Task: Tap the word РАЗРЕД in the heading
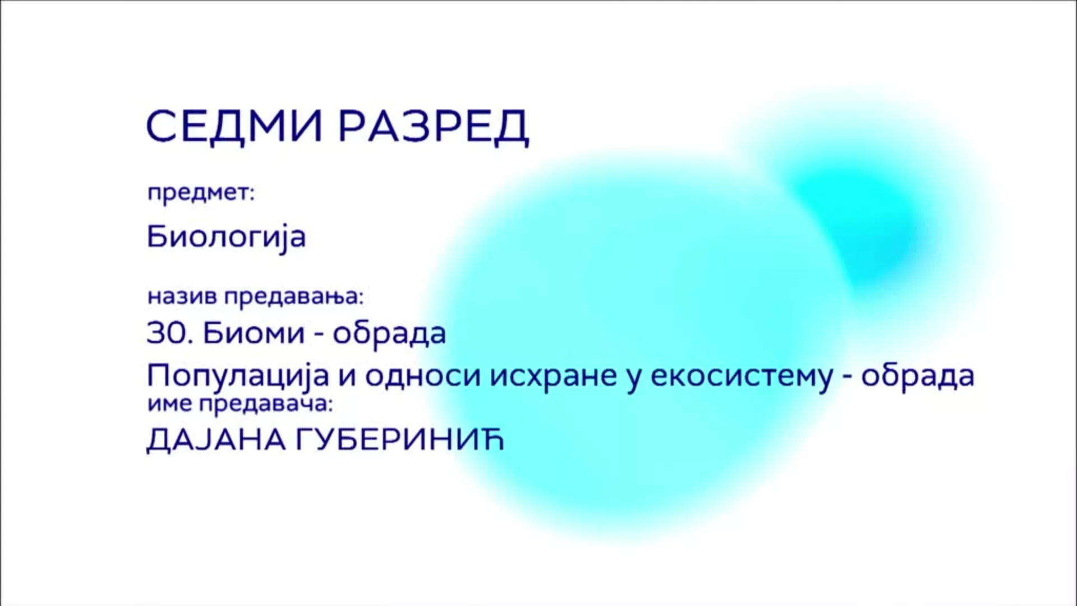434,127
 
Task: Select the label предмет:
201,193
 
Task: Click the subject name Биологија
226,236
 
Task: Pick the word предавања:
294,296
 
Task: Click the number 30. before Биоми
170,333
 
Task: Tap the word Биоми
254,333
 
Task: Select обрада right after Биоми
390,333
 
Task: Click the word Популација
237,376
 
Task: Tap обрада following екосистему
918,375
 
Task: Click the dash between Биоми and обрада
319,336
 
